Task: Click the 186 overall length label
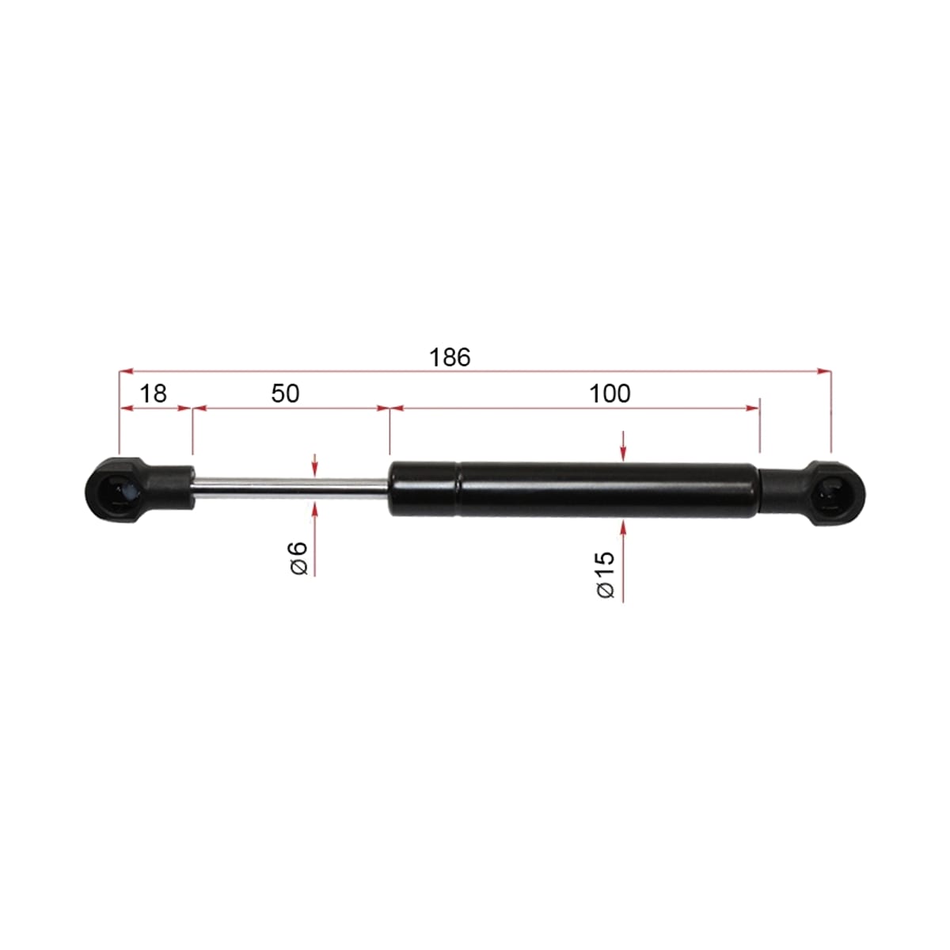449,357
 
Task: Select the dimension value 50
285,393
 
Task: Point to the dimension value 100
610,393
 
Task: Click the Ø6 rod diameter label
298,557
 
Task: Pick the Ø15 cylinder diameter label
606,574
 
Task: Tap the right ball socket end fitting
814,493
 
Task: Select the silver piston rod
291,484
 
